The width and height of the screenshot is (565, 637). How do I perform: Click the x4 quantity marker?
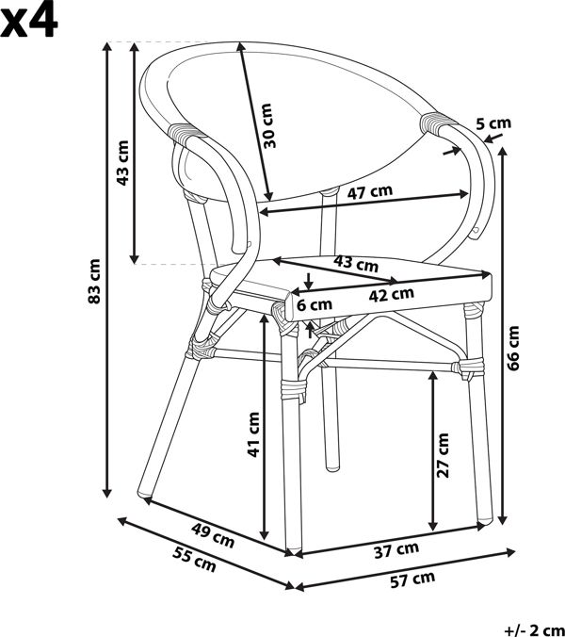coord(29,20)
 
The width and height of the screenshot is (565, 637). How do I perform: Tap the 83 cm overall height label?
coord(94,281)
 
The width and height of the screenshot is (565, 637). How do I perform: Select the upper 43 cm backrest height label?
coord(122,163)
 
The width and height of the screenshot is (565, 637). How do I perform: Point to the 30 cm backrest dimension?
coord(267,125)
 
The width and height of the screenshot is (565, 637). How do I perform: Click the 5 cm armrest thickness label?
coord(493,123)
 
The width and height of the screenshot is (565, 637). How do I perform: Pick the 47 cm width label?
coord(370,192)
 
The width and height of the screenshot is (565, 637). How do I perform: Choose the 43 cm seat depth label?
coord(356,263)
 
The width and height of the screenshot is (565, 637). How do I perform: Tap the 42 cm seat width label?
coord(392,295)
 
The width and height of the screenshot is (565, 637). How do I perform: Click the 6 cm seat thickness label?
coord(315,304)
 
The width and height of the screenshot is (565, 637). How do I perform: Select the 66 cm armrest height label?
coord(513,348)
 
